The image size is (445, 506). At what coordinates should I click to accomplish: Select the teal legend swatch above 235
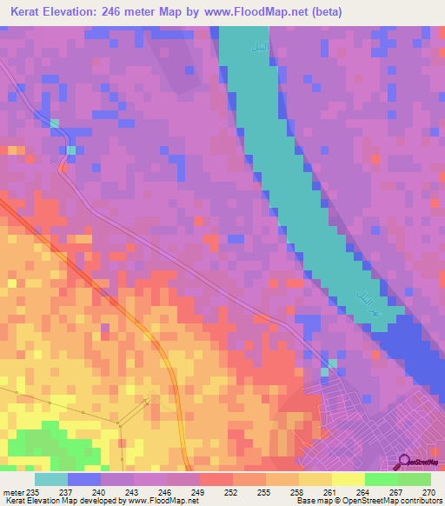click(x=51, y=479)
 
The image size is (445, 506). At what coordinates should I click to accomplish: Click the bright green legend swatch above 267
click(x=382, y=479)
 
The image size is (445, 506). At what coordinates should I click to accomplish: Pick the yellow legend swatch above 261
click(x=315, y=479)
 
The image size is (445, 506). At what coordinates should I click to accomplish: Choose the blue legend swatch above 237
click(x=84, y=479)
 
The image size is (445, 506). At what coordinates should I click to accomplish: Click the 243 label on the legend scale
click(x=133, y=491)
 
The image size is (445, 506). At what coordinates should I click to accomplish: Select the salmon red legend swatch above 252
click(x=216, y=479)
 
